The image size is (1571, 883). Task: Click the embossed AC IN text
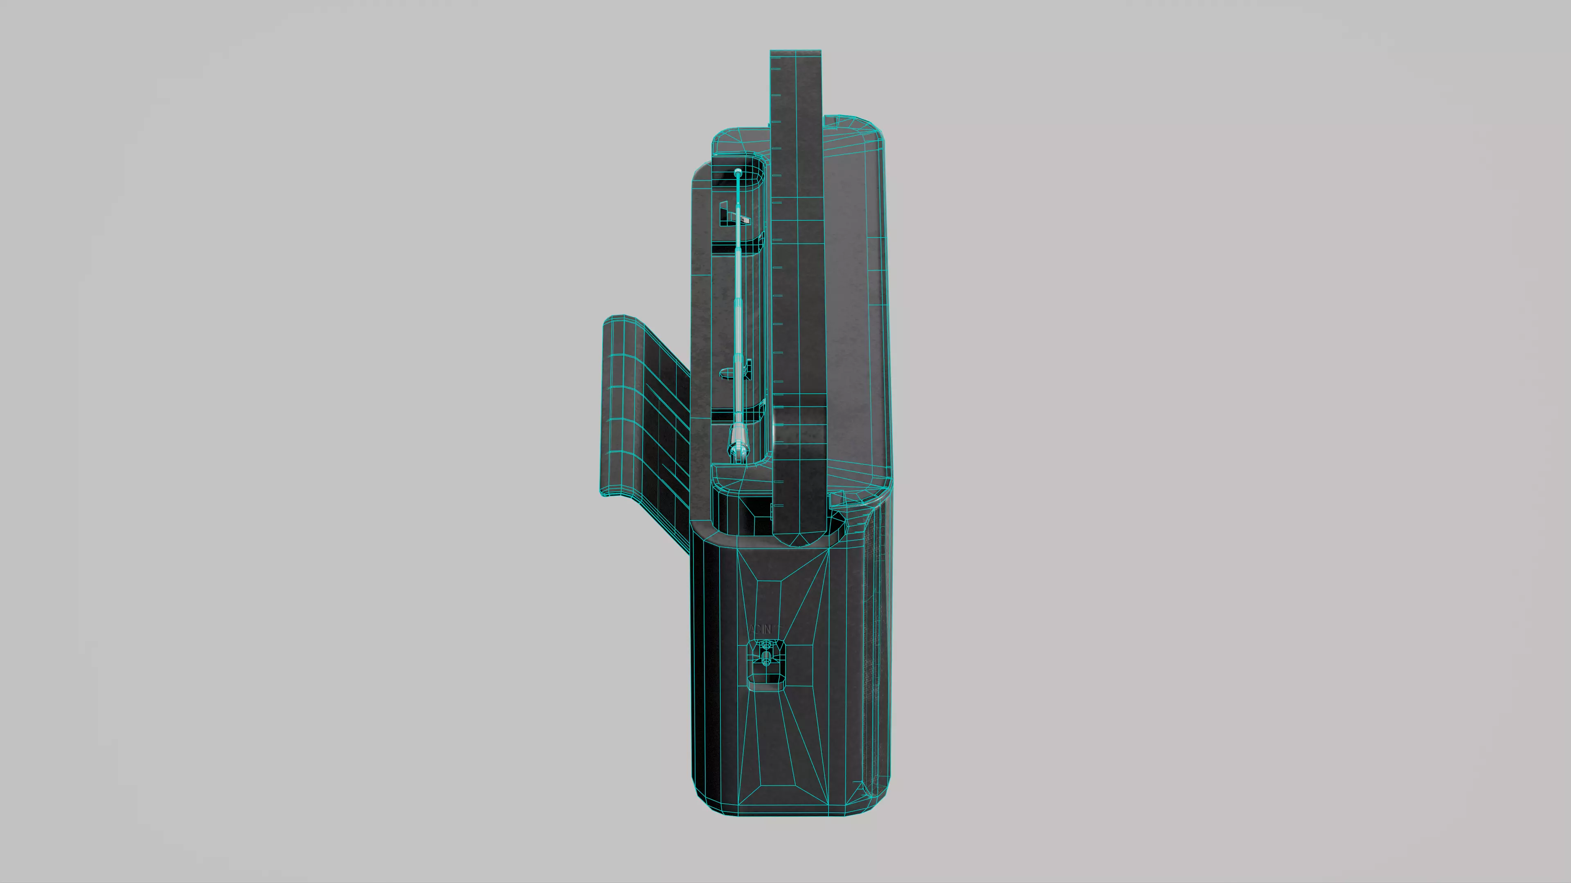tap(760, 629)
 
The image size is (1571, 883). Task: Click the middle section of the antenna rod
tap(738, 305)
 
